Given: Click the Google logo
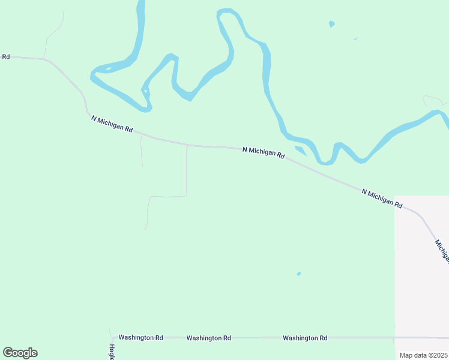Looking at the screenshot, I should coord(20,353).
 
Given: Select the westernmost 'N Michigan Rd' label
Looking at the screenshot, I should coord(112,125).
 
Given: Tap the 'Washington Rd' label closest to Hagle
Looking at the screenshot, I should coord(140,338).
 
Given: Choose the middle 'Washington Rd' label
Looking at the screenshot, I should coord(208,338).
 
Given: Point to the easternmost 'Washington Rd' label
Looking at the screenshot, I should coord(305,338).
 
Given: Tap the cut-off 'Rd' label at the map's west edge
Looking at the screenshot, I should coord(5,56).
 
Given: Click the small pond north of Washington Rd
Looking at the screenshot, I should coord(298,274).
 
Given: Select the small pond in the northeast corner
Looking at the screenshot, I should coord(331,24).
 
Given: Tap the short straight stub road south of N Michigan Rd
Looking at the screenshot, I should coord(141,151).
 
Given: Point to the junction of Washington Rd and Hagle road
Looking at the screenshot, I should coord(110,337).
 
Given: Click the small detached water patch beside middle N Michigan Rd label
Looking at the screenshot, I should coord(300,149).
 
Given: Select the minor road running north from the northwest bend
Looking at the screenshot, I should coord(54,33).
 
